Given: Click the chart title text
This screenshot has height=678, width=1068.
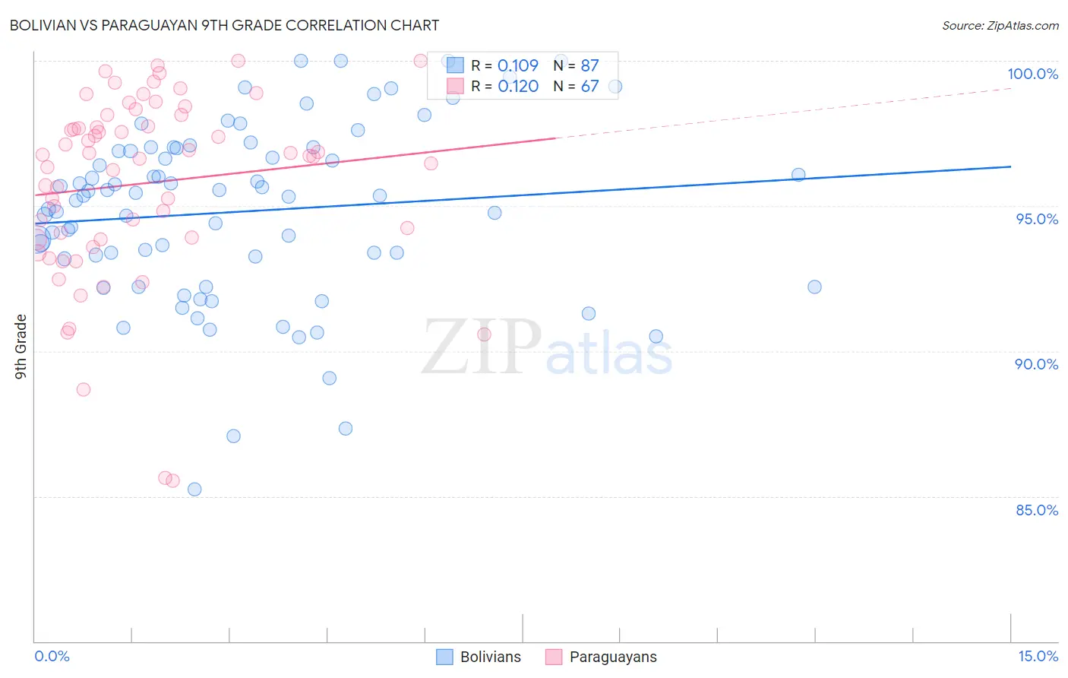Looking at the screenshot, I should click(224, 25).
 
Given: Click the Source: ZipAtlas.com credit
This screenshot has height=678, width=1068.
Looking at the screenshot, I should click(1000, 25).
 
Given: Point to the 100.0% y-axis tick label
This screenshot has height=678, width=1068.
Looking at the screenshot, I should click(1032, 74).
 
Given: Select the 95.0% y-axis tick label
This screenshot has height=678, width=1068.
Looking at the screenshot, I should click(1037, 219).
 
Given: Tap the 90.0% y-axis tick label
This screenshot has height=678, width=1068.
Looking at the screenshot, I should click(1036, 364).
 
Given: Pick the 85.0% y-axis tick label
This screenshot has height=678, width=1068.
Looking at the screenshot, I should click(1037, 510).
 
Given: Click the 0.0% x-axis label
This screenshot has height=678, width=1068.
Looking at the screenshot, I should click(52, 656).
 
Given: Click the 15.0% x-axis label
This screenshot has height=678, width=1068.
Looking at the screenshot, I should click(1038, 656).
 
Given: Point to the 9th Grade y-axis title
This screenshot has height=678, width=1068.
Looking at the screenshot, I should click(21, 347).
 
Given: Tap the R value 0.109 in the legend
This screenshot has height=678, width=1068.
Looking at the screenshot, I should click(518, 66).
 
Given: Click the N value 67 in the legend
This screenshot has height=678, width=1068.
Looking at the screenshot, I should click(589, 87).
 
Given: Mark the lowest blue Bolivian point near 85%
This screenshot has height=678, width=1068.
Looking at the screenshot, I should click(194, 489).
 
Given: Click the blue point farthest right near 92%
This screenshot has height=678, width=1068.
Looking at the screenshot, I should click(814, 287).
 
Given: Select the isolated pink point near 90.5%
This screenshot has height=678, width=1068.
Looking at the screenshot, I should click(484, 334).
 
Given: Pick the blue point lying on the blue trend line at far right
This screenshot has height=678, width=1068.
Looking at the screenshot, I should click(798, 175).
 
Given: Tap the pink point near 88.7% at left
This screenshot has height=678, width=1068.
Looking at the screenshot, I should click(84, 389).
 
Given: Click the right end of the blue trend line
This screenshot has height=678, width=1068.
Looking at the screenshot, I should click(1010, 166).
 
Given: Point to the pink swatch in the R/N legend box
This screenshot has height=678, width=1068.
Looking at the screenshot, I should click(455, 86).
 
